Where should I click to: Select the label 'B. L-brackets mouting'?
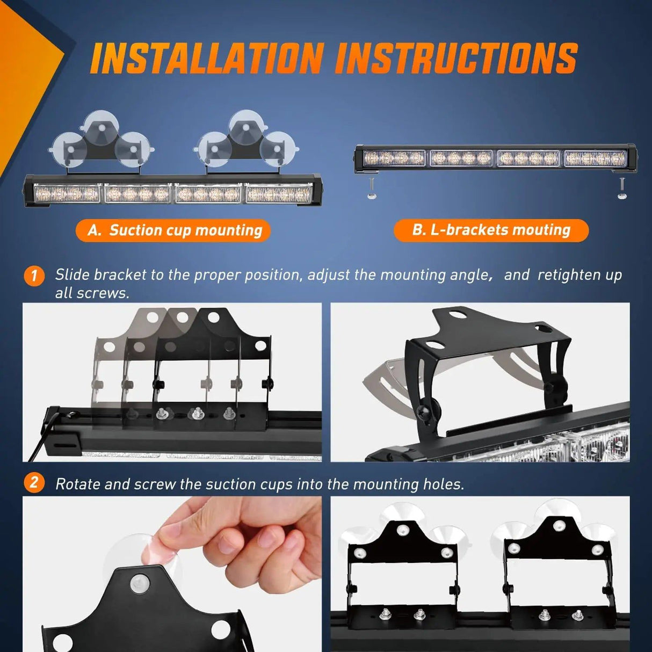point(491,230)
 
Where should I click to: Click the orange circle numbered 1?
point(34,276)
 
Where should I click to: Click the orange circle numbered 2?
point(34,482)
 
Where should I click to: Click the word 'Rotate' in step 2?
point(78,484)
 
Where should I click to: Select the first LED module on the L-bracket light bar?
point(394,158)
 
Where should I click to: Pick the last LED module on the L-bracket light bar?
point(595,158)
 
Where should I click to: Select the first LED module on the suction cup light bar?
point(67,193)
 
